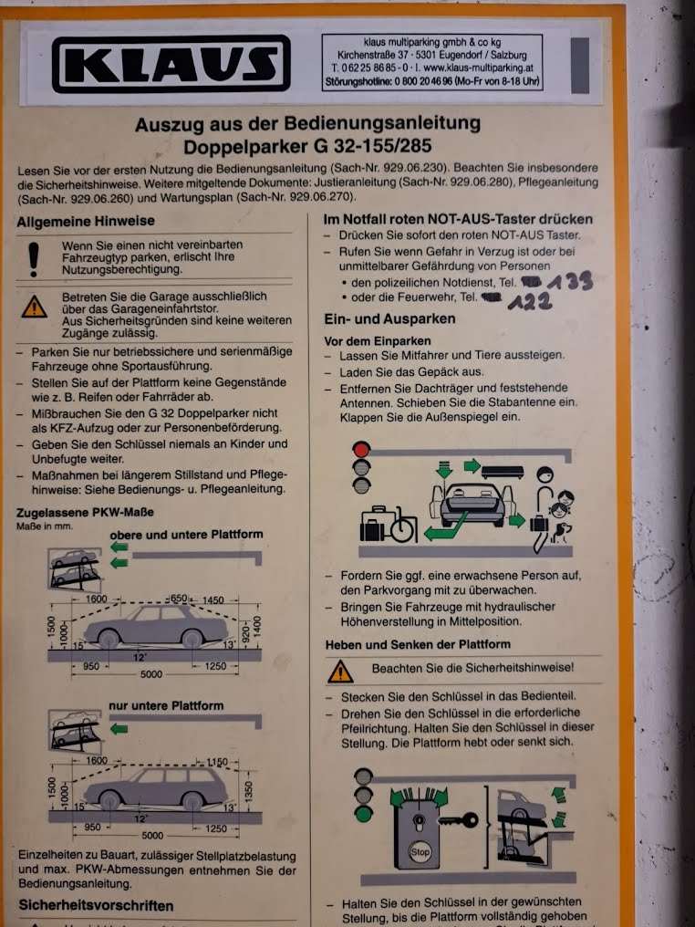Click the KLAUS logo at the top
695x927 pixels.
pyautogui.click(x=171, y=64)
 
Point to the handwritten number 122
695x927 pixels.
pyautogui.click(x=531, y=302)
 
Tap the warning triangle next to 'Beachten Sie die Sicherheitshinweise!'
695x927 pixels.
pyautogui.click(x=340, y=672)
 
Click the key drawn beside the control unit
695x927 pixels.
pyautogui.click(x=457, y=820)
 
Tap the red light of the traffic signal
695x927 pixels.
pyautogui.click(x=362, y=449)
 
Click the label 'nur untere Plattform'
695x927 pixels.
pyautogui.click(x=165, y=705)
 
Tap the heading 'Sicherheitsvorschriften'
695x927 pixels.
pyautogui.click(x=96, y=906)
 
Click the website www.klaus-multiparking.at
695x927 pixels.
pyautogui.click(x=477, y=68)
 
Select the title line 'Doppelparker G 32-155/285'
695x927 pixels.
pyautogui.click(x=307, y=146)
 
